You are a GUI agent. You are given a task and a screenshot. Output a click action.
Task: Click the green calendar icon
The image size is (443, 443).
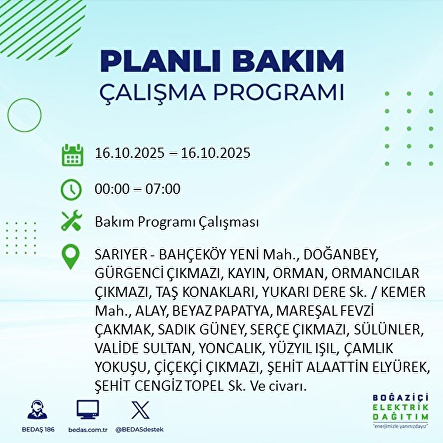71,155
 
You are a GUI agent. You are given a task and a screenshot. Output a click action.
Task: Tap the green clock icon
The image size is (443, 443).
71,190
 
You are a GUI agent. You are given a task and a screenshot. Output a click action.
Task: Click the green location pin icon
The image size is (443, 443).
71,257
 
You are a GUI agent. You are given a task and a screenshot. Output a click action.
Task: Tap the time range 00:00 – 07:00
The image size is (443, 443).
138,189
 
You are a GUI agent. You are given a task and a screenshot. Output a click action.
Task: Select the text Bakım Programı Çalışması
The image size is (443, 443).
177,222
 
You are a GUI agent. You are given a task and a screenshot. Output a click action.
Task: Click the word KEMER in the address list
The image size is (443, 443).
403,292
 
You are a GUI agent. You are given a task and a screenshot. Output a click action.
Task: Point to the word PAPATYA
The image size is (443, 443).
242,311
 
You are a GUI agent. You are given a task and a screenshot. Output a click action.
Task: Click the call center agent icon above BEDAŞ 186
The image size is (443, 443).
37,409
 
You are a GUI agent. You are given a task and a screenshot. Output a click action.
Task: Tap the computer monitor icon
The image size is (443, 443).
87,409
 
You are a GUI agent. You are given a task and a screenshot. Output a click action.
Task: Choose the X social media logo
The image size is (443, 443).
140,409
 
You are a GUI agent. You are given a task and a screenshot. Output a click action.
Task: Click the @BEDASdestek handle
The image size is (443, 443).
139,430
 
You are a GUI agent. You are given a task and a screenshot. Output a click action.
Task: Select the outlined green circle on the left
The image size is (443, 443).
24,115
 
